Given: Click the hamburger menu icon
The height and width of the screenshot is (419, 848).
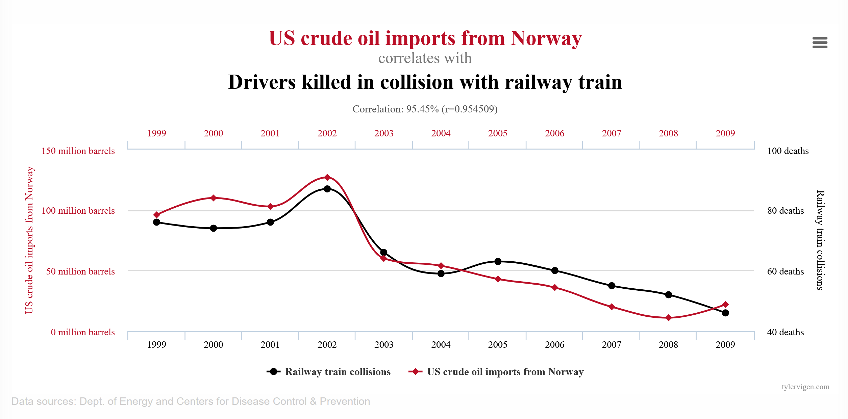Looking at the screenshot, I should (820, 43).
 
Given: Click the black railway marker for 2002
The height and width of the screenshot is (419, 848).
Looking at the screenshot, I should (327, 189).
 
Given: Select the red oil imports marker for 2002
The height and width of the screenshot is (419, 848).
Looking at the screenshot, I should (327, 177).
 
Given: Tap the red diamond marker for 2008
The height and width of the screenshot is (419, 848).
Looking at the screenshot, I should (668, 318).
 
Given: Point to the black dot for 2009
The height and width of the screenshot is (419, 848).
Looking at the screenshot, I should (725, 313).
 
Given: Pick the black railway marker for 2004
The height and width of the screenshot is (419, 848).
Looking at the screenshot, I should (441, 273).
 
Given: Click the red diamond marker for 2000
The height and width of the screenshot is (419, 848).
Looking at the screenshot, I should (214, 198).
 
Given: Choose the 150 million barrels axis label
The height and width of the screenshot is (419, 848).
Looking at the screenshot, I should (78, 151).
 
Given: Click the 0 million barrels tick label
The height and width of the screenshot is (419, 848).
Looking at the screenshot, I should (83, 332).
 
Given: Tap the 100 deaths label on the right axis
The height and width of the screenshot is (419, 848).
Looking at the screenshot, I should (788, 151).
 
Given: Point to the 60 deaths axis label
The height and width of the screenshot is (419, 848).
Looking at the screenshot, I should (785, 271).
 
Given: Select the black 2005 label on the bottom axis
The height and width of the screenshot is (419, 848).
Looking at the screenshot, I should (498, 345).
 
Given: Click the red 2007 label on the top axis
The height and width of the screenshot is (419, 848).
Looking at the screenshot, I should (612, 133).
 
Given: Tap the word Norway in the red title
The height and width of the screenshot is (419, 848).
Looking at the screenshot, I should (546, 38).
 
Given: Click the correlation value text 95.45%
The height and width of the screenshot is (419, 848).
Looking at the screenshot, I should (422, 109).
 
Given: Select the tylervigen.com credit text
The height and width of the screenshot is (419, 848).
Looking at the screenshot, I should (805, 387).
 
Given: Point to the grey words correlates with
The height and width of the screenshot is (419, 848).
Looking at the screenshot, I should (425, 58).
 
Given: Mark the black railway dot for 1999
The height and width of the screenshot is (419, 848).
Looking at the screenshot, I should (156, 222).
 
